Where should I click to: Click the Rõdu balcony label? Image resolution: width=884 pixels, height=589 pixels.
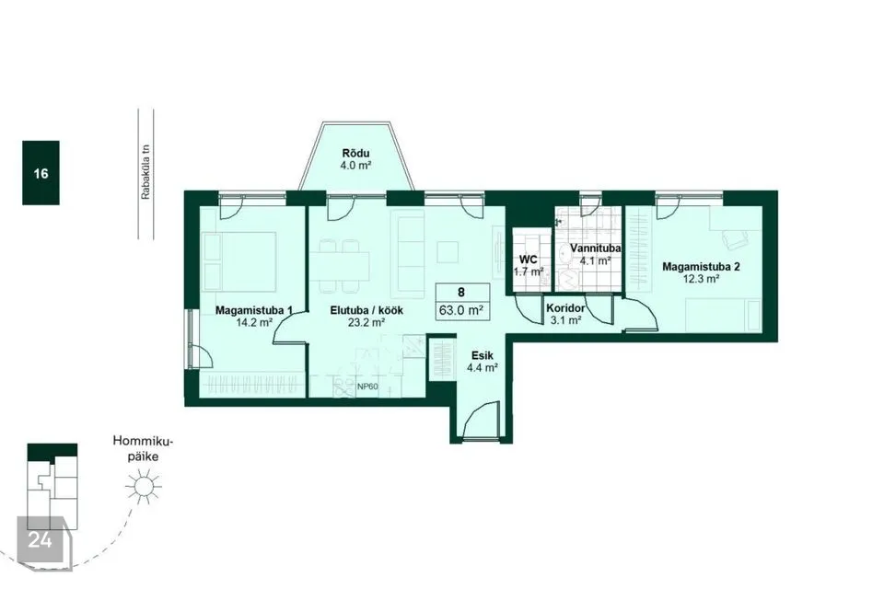[355, 154]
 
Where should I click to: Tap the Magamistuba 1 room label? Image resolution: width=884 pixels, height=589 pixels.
[254, 310]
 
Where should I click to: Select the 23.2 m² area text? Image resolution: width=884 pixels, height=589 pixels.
[366, 322]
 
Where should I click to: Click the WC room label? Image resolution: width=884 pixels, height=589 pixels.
[529, 260]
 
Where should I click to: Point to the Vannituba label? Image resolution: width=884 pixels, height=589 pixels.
[596, 248]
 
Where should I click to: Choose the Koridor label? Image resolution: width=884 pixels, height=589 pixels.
[565, 308]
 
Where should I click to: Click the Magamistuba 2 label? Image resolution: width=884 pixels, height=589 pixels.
[701, 267]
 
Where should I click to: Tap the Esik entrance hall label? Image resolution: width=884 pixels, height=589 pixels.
[483, 355]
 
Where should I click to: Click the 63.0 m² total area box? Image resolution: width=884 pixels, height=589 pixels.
[462, 309]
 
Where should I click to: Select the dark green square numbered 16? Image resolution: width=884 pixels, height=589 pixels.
[41, 172]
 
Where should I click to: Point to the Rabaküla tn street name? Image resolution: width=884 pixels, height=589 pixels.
[146, 172]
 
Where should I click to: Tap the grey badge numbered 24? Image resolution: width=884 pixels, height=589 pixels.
[40, 540]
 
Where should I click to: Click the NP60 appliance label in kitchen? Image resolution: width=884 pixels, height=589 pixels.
[367, 387]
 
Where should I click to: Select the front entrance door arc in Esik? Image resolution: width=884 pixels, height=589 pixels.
[483, 419]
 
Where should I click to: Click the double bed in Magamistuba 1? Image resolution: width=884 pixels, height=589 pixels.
[240, 260]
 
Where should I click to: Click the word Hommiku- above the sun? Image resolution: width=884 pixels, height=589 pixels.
[144, 441]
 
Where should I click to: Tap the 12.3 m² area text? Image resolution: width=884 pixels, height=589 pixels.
[701, 279]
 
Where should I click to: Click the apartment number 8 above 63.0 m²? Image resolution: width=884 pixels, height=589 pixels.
[461, 293]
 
